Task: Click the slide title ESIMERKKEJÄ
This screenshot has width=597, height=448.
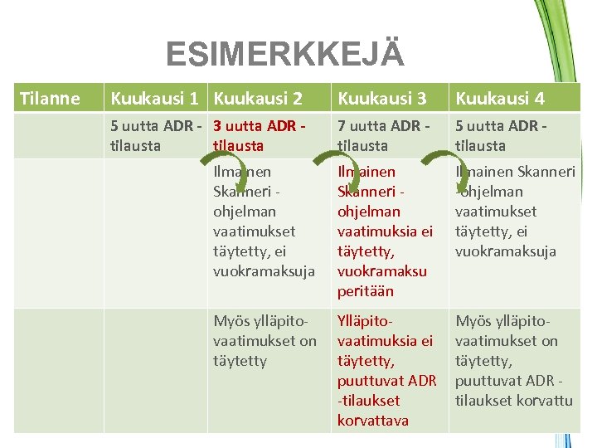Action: coord(284,54)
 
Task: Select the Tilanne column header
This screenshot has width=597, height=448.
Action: coord(50,99)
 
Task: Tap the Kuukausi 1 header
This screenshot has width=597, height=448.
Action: coord(154,99)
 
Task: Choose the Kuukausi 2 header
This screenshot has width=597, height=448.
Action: coord(258,99)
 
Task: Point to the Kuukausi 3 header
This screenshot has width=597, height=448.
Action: coord(381,99)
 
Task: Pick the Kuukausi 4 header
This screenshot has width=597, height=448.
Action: coord(500,99)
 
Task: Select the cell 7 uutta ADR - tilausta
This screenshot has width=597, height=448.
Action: coord(383,136)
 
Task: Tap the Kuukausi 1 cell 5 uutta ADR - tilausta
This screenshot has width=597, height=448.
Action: coord(156,136)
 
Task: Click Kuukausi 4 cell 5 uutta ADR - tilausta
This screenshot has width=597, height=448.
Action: coord(501,136)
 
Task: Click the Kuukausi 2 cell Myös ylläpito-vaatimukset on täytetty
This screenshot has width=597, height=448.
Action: coord(265,340)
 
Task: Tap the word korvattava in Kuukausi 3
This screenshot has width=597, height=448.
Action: coord(372,421)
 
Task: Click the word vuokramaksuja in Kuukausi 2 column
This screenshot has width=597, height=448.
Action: coord(264,271)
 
